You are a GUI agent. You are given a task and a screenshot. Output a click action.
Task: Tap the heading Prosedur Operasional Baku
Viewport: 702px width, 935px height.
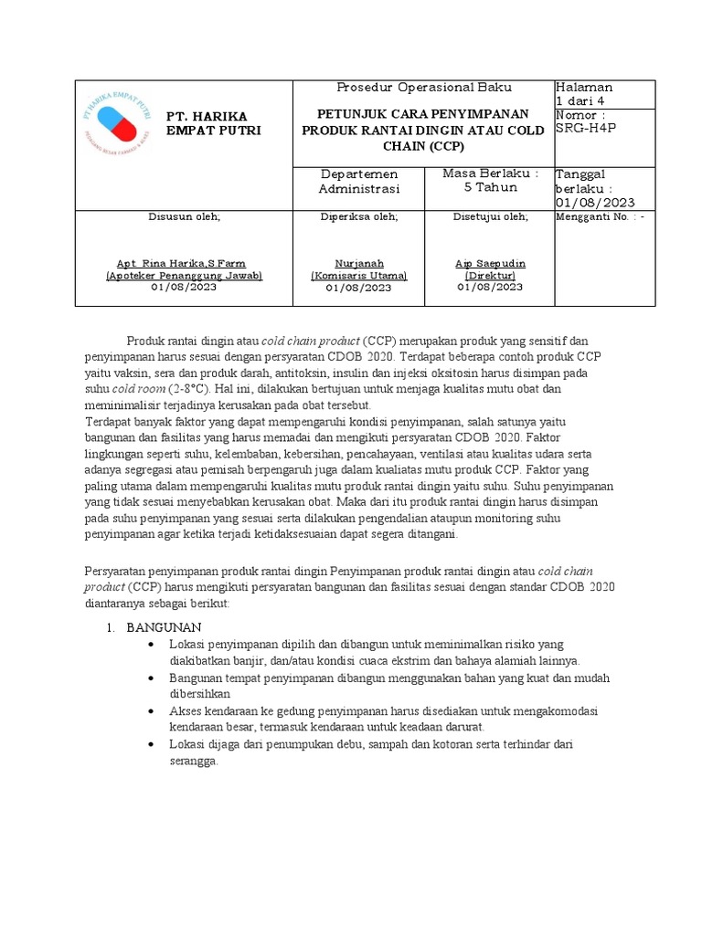click(x=424, y=88)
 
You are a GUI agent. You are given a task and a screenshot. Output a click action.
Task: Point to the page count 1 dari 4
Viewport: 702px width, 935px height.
click(x=587, y=100)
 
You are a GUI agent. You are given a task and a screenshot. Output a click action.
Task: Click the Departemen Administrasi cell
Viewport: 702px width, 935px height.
click(x=358, y=181)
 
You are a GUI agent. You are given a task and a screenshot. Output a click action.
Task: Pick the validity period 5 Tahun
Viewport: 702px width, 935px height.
click(x=490, y=187)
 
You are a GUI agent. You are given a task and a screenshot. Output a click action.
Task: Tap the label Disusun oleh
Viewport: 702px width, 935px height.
click(x=184, y=217)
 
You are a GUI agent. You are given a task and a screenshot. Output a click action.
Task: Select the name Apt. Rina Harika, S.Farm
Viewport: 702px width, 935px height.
click(x=184, y=263)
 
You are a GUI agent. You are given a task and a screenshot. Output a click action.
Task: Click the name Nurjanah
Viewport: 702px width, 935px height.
click(x=358, y=263)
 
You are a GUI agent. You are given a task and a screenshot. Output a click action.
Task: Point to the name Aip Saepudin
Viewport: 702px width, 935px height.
click(x=490, y=263)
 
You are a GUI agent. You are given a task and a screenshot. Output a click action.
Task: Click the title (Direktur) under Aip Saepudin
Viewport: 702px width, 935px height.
click(x=490, y=275)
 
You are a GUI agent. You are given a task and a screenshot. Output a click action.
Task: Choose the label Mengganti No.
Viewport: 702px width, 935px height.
click(x=594, y=217)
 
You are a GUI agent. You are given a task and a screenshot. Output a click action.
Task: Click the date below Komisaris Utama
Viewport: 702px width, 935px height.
click(x=358, y=288)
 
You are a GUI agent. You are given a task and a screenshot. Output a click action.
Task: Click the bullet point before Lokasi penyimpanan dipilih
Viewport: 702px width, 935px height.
click(x=151, y=645)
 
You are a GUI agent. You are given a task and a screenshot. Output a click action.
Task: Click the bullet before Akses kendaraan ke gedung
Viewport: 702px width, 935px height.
click(x=151, y=710)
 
